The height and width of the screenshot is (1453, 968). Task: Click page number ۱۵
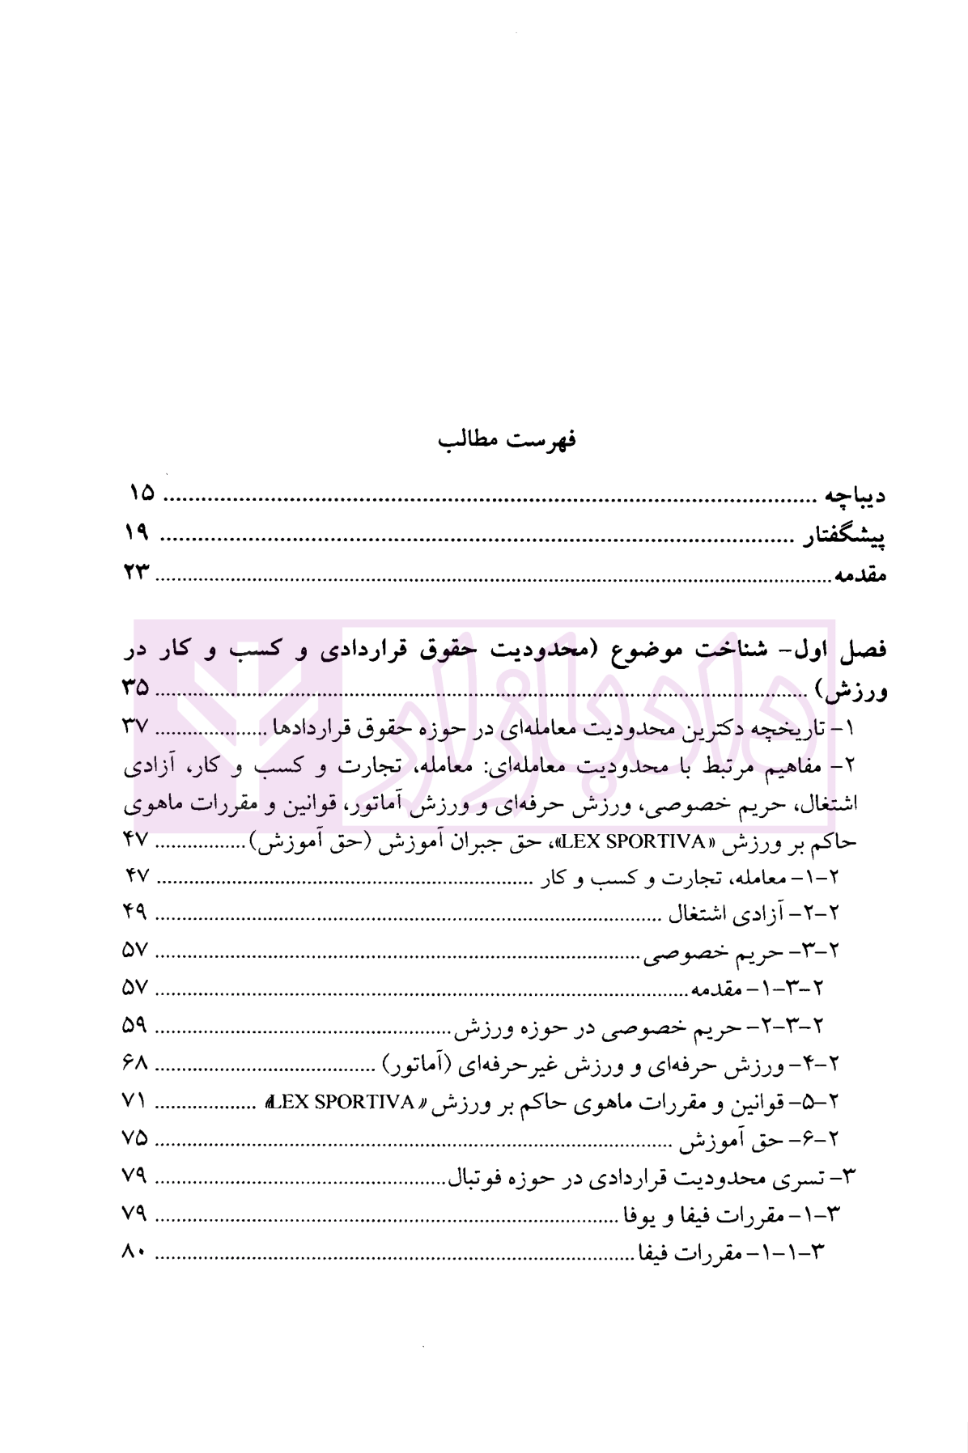point(141,492)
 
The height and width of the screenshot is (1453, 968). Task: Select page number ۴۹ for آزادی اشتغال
point(135,913)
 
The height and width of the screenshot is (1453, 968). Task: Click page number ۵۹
point(135,1025)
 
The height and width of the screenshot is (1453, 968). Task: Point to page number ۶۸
point(135,1062)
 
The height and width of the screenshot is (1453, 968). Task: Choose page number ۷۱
point(135,1100)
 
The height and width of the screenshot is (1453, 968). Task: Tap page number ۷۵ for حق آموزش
point(135,1137)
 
